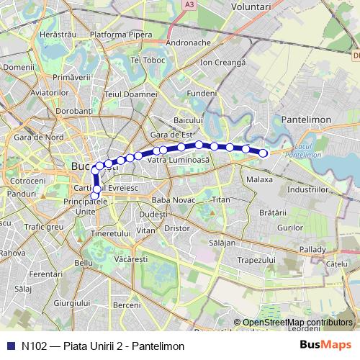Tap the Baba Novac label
pyautogui.click(x=171, y=199)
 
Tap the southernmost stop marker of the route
pyautogui.click(x=94, y=196)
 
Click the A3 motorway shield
pyautogui.click(x=189, y=5)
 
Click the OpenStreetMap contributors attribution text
pyautogui.click(x=297, y=323)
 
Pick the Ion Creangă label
pyautogui.click(x=223, y=63)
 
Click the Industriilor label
pyautogui.click(x=307, y=188)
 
